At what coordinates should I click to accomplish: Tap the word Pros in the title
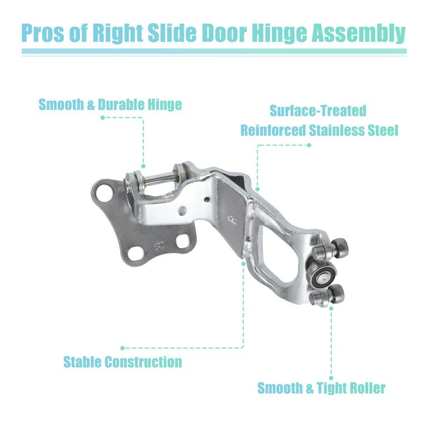tap(43, 33)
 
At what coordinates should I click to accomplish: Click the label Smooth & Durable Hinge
tap(110, 105)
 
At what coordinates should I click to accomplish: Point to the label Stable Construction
tap(122, 362)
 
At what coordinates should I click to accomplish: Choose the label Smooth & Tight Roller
tap(321, 388)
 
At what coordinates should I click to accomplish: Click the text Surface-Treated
tap(318, 111)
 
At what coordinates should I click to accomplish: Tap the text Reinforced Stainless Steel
tap(319, 130)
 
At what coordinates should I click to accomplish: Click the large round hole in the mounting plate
tap(104, 193)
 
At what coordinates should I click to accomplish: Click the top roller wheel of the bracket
tap(340, 248)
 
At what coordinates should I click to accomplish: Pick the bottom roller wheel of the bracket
tap(335, 294)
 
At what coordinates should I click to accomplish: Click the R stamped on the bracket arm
tap(234, 220)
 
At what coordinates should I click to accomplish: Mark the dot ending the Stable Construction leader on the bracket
tap(244, 264)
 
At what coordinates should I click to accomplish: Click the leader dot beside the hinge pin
tap(143, 166)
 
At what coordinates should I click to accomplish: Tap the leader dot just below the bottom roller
tap(331, 309)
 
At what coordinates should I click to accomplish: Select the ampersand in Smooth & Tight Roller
tap(310, 389)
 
